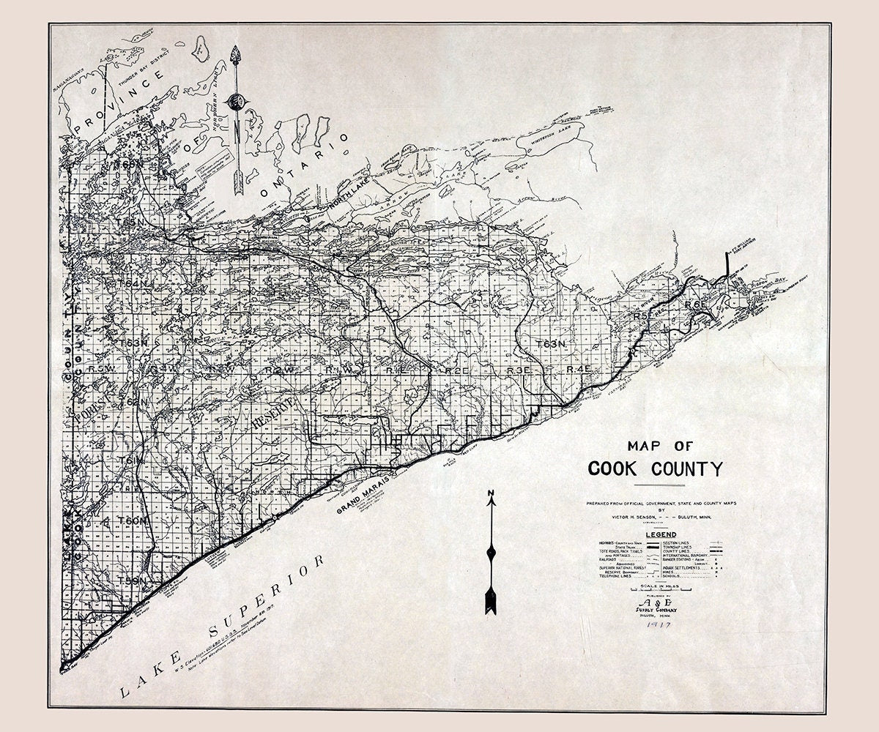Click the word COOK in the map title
pos(614,468)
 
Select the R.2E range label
pos(456,372)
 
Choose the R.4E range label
pos(578,371)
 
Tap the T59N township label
pos(133,580)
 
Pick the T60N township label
pos(133,520)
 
